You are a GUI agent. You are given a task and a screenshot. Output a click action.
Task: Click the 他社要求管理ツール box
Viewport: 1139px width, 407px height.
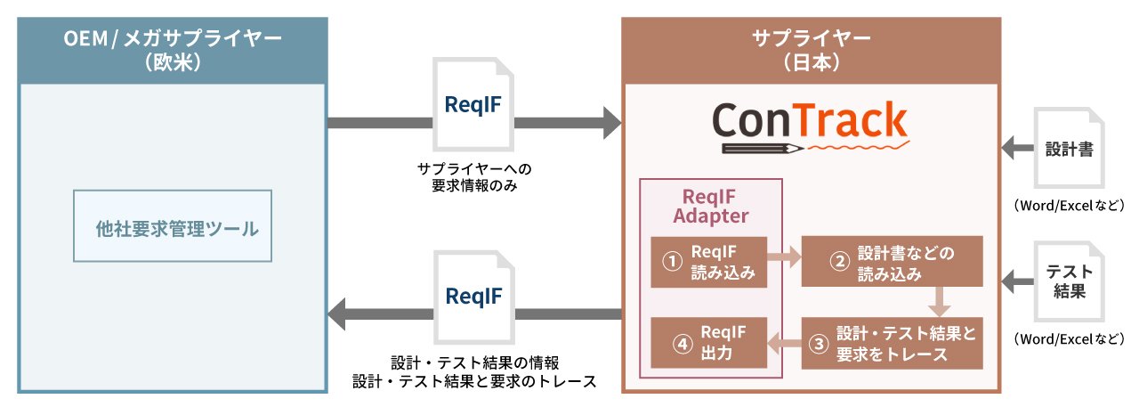pyautogui.click(x=173, y=226)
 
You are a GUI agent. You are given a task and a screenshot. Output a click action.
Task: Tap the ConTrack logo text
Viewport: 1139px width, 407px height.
pyautogui.click(x=810, y=120)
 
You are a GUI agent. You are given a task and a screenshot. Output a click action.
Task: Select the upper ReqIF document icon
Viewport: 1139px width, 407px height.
pyautogui.click(x=473, y=104)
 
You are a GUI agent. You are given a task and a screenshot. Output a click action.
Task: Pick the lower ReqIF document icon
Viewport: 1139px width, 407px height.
pyautogui.click(x=474, y=297)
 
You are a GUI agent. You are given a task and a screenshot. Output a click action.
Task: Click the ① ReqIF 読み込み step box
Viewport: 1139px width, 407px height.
pyautogui.click(x=709, y=262)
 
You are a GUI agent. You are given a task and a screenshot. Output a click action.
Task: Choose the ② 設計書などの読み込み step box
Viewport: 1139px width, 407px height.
pyautogui.click(x=892, y=261)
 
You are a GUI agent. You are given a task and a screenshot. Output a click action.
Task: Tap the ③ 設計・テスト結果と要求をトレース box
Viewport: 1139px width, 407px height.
pyautogui.click(x=892, y=344)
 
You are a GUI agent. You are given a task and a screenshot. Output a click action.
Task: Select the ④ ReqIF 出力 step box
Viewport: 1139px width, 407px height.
pyautogui.click(x=709, y=342)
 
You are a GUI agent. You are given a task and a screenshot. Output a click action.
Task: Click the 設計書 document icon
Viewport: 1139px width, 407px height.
pyautogui.click(x=1069, y=148)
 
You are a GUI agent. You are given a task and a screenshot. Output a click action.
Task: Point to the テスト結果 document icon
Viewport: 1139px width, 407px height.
pyautogui.click(x=1069, y=281)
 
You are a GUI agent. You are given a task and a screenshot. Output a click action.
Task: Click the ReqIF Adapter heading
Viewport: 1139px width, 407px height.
pyautogui.click(x=710, y=206)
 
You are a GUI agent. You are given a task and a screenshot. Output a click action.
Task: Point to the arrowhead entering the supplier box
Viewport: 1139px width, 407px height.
pyautogui.click(x=612, y=123)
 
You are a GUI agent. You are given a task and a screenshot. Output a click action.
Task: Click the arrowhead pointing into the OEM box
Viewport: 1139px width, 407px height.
pyautogui.click(x=336, y=313)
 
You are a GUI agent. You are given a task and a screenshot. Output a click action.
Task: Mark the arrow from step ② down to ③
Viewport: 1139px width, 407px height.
pyautogui.click(x=939, y=302)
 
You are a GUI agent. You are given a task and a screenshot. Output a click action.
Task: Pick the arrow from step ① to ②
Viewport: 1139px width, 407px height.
pyautogui.click(x=784, y=256)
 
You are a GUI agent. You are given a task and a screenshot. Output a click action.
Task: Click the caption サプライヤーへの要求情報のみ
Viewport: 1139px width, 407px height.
pyautogui.click(x=474, y=177)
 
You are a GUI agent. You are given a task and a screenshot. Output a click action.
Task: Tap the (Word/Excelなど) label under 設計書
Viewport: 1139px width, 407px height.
pyautogui.click(x=1069, y=206)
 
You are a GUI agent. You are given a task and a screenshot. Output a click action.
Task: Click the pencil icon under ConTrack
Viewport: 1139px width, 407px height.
pyautogui.click(x=763, y=149)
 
